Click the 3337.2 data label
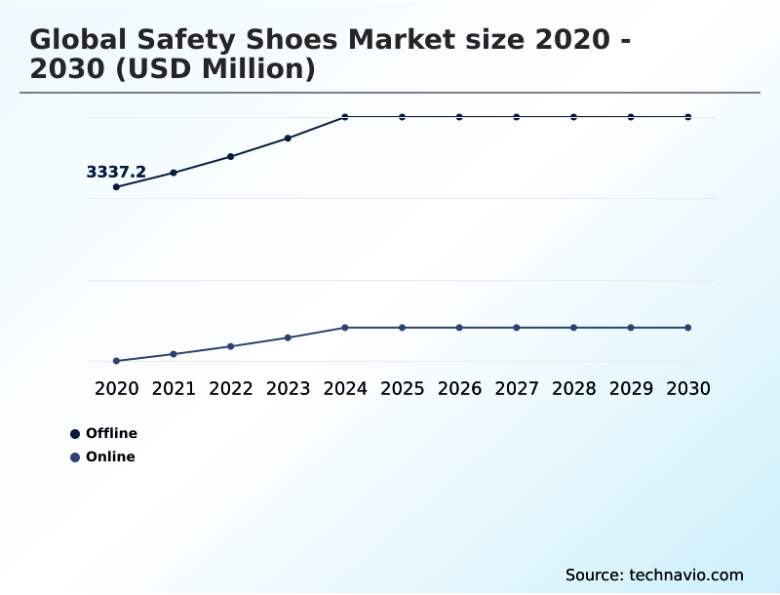click(116, 173)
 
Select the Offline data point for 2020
click(117, 186)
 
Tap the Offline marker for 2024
click(345, 117)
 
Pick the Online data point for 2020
click(117, 361)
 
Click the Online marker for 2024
click(345, 328)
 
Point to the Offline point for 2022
click(231, 156)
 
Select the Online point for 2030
click(687, 328)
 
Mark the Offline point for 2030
click(687, 117)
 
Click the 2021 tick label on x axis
click(174, 388)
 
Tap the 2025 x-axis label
click(402, 388)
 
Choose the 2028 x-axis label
click(573, 388)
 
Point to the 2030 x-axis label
click(687, 388)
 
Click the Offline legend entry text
click(111, 433)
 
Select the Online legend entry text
click(110, 456)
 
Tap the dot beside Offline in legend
click(75, 434)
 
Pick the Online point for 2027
click(517, 328)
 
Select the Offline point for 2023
click(288, 139)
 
